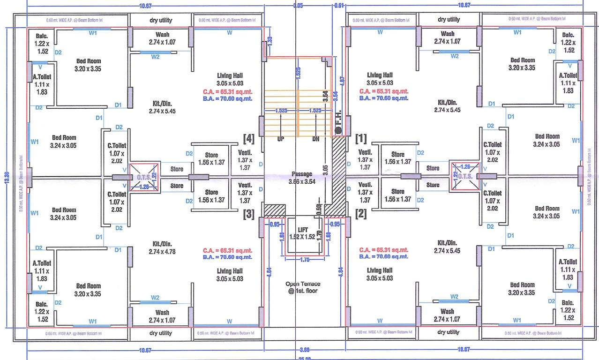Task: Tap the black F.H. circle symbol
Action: (338, 130)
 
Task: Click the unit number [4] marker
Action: (248, 138)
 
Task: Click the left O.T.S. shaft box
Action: (143, 177)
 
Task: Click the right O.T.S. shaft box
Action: (464, 176)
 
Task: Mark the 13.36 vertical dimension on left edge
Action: (7, 175)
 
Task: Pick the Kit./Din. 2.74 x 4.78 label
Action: (163, 247)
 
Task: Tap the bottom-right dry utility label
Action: (449, 332)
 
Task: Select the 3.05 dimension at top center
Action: (298, 5)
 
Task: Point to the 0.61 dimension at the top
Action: (339, 5)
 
